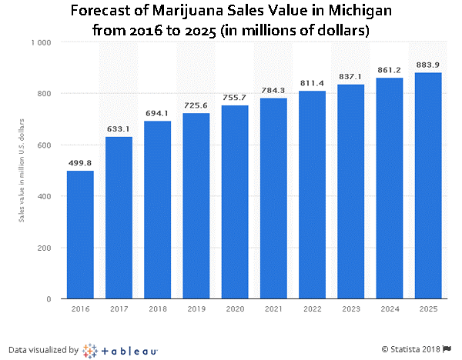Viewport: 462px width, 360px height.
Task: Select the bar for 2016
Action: pos(80,235)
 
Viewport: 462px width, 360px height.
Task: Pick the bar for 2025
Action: pos(428,185)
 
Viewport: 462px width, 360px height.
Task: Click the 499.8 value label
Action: pos(80,163)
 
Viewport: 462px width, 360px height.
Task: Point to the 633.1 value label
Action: pos(119,129)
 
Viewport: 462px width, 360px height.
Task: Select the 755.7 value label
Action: pos(235,98)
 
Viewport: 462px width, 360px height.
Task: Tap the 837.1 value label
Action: pos(350,77)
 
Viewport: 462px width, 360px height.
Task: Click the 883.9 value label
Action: pos(428,65)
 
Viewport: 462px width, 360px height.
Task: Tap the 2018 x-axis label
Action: pos(157,308)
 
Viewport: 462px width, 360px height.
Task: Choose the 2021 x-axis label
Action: pos(273,308)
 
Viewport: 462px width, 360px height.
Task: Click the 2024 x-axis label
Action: pos(390,308)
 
